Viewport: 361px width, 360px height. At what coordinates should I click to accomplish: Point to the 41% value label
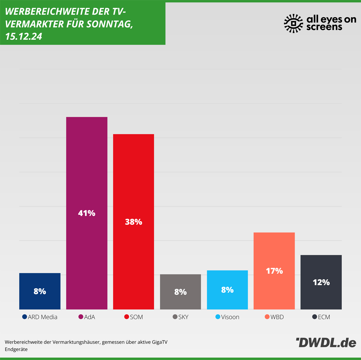point(87,213)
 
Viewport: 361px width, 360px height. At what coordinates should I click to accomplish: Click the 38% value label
point(134,222)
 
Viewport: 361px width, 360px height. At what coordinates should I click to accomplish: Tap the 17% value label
point(274,271)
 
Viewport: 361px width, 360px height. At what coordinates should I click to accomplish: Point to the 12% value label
point(321,282)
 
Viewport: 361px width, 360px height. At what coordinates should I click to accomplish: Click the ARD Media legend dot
point(25,317)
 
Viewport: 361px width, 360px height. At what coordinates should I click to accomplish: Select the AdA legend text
point(90,317)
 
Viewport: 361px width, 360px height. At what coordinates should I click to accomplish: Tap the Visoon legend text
point(230,317)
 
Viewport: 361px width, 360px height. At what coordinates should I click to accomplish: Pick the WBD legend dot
point(267,317)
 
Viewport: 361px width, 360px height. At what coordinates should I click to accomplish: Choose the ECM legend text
point(324,317)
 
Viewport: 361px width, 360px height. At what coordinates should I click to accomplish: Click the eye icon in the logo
point(294,23)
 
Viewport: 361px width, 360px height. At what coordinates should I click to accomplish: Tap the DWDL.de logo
point(326,342)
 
